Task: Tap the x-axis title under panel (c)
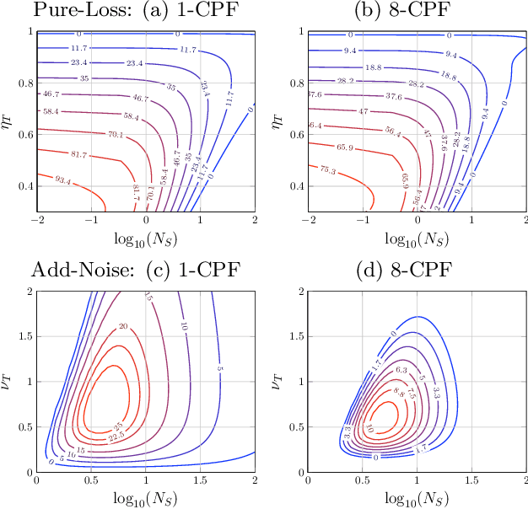click(x=146, y=495)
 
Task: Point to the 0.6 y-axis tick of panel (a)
click(x=23, y=134)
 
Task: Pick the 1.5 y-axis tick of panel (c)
click(x=23, y=336)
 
